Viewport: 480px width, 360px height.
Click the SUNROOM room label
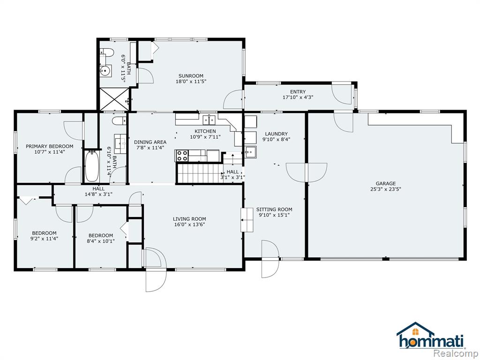[191, 76]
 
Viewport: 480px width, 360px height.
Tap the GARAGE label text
[385, 183]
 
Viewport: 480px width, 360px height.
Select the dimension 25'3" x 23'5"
[385, 189]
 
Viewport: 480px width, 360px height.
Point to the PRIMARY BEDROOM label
[50, 146]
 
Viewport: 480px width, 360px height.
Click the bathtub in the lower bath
[91, 166]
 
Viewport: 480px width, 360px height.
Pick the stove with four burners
[181, 156]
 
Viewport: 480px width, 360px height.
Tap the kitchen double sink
[209, 120]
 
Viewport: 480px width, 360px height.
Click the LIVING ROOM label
[189, 219]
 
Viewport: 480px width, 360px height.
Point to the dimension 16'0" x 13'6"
[189, 225]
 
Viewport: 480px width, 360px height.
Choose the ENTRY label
[298, 92]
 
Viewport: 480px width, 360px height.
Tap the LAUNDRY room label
[277, 134]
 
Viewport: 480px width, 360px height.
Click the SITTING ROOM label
[274, 210]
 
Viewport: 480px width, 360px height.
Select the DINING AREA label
[150, 142]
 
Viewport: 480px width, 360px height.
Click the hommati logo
[430, 336]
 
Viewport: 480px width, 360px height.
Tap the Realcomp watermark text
[457, 354]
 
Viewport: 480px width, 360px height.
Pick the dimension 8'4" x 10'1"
[101, 241]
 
